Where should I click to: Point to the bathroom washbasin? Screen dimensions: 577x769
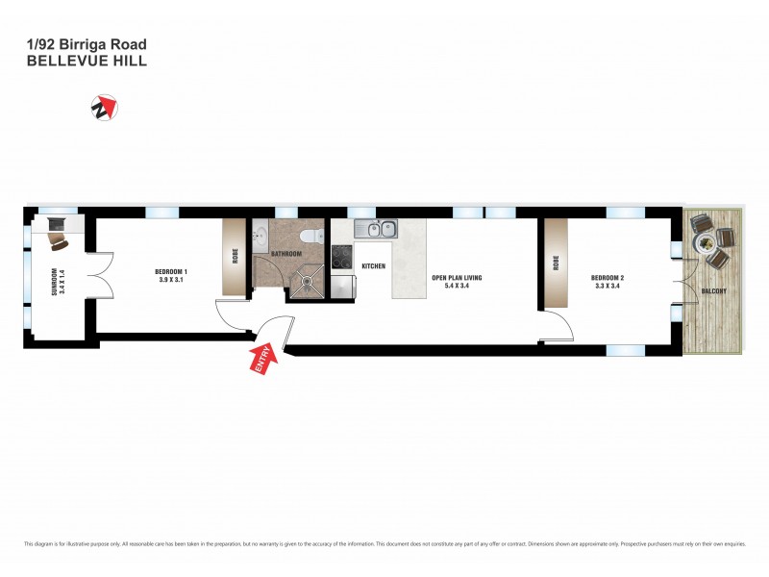click(260, 236)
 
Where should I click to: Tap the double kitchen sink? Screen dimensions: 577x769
click(374, 229)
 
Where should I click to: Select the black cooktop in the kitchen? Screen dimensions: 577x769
click(342, 256)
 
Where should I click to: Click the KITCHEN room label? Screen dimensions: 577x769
click(373, 265)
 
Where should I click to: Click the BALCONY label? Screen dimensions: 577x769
click(712, 290)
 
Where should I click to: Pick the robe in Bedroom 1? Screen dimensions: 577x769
click(234, 257)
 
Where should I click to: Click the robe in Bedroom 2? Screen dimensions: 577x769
click(556, 263)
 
